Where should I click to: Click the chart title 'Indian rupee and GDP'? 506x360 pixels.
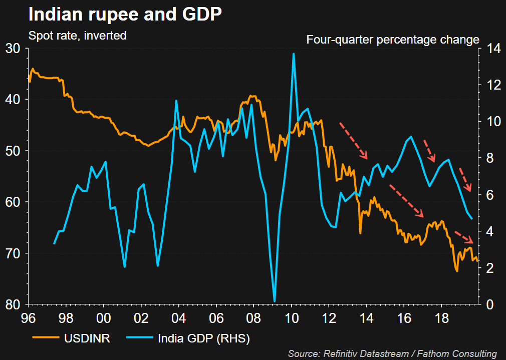125,14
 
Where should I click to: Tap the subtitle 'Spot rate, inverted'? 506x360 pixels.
77,36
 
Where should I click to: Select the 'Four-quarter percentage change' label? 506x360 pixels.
393,40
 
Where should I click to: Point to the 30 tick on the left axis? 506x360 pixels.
14,49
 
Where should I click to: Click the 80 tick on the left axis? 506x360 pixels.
14,304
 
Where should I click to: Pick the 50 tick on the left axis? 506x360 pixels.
14,151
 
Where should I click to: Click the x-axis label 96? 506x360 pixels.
29,318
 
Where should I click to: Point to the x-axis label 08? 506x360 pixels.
254,318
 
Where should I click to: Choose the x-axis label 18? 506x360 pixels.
441,318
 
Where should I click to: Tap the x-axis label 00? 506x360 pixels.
104,318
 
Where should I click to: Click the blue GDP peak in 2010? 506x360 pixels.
293,54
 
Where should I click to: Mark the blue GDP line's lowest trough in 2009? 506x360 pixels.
275,301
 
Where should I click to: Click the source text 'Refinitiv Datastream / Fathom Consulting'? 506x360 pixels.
392,353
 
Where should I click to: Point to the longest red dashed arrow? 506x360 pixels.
406,201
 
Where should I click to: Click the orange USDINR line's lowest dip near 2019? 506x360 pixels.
457,271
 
